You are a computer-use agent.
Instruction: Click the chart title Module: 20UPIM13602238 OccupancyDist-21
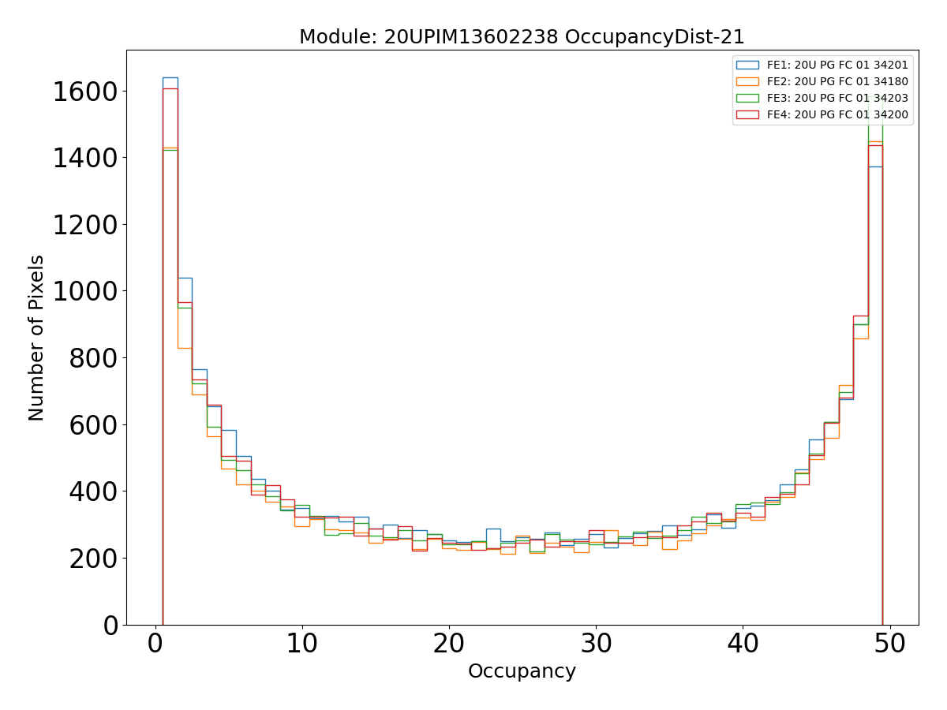pyautogui.click(x=522, y=37)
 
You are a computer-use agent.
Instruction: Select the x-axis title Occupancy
pyautogui.click(x=522, y=671)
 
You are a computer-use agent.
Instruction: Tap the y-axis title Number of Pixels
pyautogui.click(x=37, y=338)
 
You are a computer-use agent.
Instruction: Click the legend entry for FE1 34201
pyautogui.click(x=837, y=65)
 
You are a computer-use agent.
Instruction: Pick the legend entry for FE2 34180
pyautogui.click(x=837, y=82)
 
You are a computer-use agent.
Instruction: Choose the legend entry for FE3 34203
pyautogui.click(x=837, y=99)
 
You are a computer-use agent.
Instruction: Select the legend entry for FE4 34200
pyautogui.click(x=837, y=115)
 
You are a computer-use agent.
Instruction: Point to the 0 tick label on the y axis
pyautogui.click(x=110, y=625)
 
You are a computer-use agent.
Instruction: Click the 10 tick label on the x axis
pyautogui.click(x=302, y=644)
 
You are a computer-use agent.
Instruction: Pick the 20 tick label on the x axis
pyautogui.click(x=449, y=644)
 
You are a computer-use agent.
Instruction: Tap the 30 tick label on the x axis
pyautogui.click(x=596, y=644)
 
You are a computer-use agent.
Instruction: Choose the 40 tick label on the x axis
pyautogui.click(x=743, y=644)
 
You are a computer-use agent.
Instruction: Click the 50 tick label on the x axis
pyautogui.click(x=889, y=644)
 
